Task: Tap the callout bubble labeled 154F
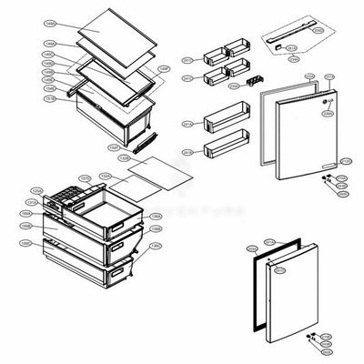164,69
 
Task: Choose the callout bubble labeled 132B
131,176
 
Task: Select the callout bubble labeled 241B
187,151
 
